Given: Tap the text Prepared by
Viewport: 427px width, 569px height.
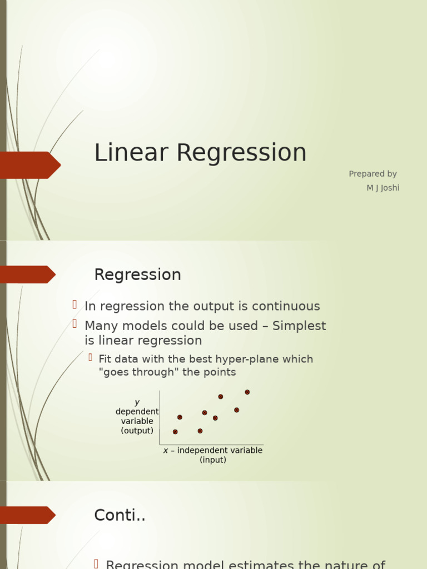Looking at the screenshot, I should [x=373, y=174].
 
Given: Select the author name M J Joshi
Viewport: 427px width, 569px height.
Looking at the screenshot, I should [x=383, y=188].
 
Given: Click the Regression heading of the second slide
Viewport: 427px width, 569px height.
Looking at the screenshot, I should [x=137, y=275].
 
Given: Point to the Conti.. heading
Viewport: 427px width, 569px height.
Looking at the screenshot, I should [x=120, y=516].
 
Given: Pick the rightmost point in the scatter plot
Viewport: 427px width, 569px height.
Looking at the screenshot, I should [x=247, y=392].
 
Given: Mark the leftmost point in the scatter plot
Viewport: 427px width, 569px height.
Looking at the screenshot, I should [x=175, y=432].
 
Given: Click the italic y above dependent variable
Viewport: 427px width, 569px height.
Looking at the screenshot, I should [x=137, y=402].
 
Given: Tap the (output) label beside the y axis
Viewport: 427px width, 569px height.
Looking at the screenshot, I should [x=137, y=431].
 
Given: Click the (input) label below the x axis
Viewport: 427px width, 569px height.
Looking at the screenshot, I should [x=213, y=460].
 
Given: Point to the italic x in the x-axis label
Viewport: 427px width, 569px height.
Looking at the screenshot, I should [x=166, y=451].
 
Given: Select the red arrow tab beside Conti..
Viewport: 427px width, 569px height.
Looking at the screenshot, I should [x=27, y=515].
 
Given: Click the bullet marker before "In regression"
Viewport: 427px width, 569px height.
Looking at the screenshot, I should [x=75, y=305].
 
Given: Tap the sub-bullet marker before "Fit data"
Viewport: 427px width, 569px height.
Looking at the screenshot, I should [x=90, y=357].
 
